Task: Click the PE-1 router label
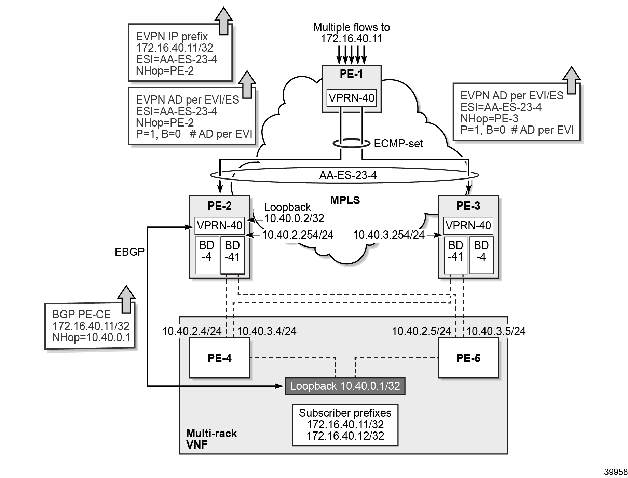[x=351, y=74]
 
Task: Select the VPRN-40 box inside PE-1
[x=351, y=98]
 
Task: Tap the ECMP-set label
[x=398, y=144]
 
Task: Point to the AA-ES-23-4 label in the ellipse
[x=348, y=175]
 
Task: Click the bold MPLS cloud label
[x=345, y=200]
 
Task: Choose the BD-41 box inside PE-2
[x=232, y=255]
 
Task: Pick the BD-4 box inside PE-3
[x=481, y=255]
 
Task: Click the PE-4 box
[x=219, y=358]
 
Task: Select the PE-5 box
[x=468, y=358]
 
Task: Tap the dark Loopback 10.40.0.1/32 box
[x=345, y=386]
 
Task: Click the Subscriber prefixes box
[x=345, y=425]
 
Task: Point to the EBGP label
[x=129, y=252]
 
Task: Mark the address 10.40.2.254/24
[x=298, y=235]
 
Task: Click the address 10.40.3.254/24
[x=389, y=235]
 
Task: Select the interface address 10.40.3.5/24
[x=496, y=331]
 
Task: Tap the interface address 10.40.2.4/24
[x=192, y=331]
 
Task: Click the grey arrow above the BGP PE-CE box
[x=127, y=298]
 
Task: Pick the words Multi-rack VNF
[x=211, y=439]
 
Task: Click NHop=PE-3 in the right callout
[x=489, y=119]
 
